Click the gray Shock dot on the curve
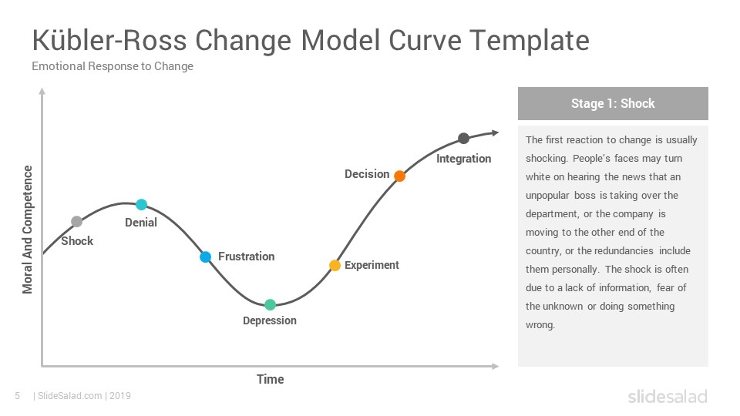coord(76,221)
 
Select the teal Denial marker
coord(142,204)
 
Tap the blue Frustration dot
coord(205,257)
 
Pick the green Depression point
coord(270,305)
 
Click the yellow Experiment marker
coord(335,266)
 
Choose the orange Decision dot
coord(400,176)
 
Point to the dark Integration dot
coord(464,138)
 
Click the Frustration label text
coord(247,257)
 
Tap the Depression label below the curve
coord(270,320)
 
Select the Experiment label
coord(372,265)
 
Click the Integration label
coord(463,159)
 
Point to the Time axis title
coord(271,379)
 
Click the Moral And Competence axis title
coord(28,230)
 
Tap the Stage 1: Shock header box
coord(613,103)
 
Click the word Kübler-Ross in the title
coord(109,40)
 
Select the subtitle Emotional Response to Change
coord(113,66)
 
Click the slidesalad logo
coord(668,396)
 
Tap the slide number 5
coord(18,396)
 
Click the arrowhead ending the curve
coord(496,133)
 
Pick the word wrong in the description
coord(540,325)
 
